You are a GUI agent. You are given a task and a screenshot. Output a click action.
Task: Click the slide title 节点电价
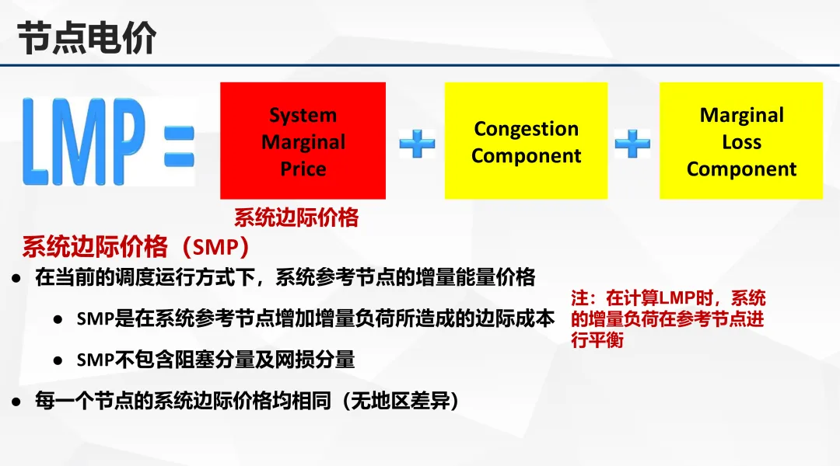[86, 38]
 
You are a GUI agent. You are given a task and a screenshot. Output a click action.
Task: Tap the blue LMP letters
[84, 142]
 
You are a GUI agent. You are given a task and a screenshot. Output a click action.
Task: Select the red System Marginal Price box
[303, 141]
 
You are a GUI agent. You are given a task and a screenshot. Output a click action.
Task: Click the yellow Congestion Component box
[526, 141]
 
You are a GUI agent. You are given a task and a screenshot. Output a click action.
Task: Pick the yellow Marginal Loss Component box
[741, 141]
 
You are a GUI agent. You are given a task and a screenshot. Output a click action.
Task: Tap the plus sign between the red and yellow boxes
[417, 144]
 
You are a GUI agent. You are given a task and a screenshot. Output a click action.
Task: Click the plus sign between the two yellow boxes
[632, 144]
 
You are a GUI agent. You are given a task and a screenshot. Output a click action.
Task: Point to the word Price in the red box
[303, 169]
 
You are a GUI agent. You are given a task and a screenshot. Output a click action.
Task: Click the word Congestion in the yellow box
[526, 129]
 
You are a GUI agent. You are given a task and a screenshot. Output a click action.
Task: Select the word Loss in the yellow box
[741, 142]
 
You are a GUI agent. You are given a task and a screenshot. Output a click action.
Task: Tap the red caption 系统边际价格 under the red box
[296, 217]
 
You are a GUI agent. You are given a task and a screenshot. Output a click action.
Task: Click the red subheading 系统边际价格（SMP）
[136, 247]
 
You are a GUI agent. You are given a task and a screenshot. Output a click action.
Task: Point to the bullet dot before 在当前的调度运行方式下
[16, 278]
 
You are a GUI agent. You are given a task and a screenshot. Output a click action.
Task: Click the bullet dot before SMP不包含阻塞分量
[58, 360]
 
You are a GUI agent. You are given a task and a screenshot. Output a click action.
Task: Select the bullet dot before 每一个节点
[16, 402]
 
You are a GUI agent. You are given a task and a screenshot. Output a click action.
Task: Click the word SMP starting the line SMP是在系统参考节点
[96, 319]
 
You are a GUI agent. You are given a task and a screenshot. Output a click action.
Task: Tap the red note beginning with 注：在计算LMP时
[668, 319]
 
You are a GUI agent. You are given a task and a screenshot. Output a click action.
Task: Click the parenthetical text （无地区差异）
[401, 401]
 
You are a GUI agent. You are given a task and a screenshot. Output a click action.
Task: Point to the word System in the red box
[303, 115]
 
